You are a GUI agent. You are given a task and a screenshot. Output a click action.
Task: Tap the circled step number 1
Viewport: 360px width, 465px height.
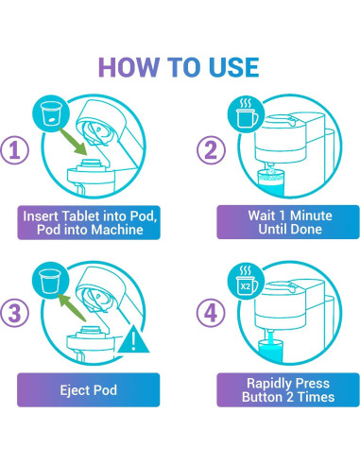[x=14, y=149]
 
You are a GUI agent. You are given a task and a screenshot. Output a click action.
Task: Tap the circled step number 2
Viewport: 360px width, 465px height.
[x=211, y=149]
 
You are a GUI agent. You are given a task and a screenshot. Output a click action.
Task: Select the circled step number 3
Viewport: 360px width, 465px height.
[x=14, y=313]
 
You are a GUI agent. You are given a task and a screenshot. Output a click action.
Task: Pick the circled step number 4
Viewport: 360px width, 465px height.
[x=211, y=313]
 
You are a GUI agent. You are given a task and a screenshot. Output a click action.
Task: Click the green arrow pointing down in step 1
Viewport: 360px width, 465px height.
[x=73, y=141]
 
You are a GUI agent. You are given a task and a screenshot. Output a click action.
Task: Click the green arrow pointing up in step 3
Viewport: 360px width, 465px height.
[x=72, y=307]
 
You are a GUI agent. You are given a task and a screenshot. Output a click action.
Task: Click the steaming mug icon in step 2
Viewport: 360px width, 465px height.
[x=246, y=115]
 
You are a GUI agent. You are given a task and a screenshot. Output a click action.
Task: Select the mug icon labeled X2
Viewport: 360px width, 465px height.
[x=246, y=282]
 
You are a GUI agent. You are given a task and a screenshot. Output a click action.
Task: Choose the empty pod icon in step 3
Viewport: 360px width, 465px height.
[x=50, y=281]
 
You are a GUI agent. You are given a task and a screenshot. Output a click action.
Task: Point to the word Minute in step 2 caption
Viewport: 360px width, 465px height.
[x=311, y=215]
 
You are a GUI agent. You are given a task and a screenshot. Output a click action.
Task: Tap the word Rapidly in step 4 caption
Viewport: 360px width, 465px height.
[x=266, y=384]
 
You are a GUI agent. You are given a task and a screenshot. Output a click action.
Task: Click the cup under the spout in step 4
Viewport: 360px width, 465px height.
[x=270, y=351]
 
